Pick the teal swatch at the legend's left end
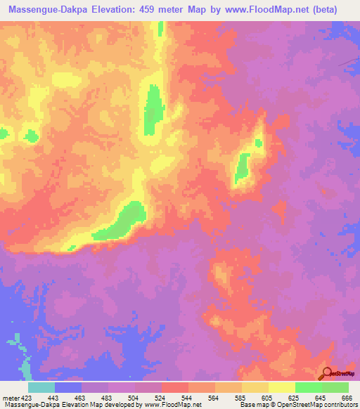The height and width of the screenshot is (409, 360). [x=41, y=387]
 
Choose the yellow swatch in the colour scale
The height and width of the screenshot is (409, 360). [x=281, y=387]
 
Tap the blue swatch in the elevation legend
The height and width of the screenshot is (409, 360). [x=67, y=387]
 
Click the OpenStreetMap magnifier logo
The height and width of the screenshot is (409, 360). [x=328, y=373]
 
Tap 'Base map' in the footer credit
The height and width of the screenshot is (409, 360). [x=251, y=404]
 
